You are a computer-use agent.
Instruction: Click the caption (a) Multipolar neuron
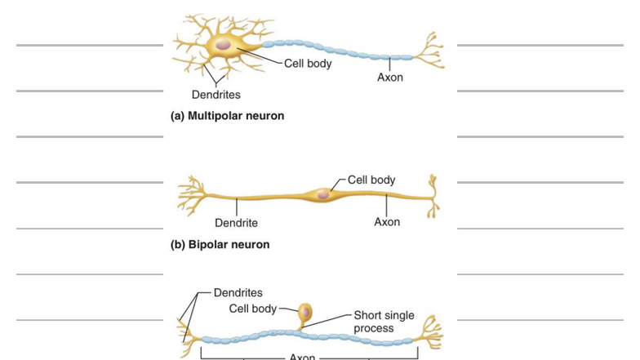[227, 116]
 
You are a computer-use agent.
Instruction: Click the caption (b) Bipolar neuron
[220, 244]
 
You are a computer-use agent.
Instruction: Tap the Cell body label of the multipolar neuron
[308, 64]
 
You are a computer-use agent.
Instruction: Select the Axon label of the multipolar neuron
[389, 78]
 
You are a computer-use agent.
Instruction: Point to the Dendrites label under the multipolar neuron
[216, 95]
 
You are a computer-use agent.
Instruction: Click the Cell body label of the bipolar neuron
[371, 180]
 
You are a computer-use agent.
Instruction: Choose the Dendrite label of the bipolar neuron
[236, 223]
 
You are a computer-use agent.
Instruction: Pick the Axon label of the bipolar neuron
[387, 222]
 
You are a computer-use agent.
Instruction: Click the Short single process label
[384, 322]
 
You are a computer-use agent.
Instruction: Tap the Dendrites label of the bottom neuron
[238, 292]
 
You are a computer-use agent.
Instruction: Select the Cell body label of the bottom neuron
[253, 309]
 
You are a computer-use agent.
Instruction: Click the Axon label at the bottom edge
[302, 356]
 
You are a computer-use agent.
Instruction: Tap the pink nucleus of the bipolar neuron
[323, 194]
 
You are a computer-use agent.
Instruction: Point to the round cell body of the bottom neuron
[304, 312]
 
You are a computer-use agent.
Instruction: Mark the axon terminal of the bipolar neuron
[432, 196]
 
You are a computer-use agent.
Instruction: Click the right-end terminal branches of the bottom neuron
[429, 333]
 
